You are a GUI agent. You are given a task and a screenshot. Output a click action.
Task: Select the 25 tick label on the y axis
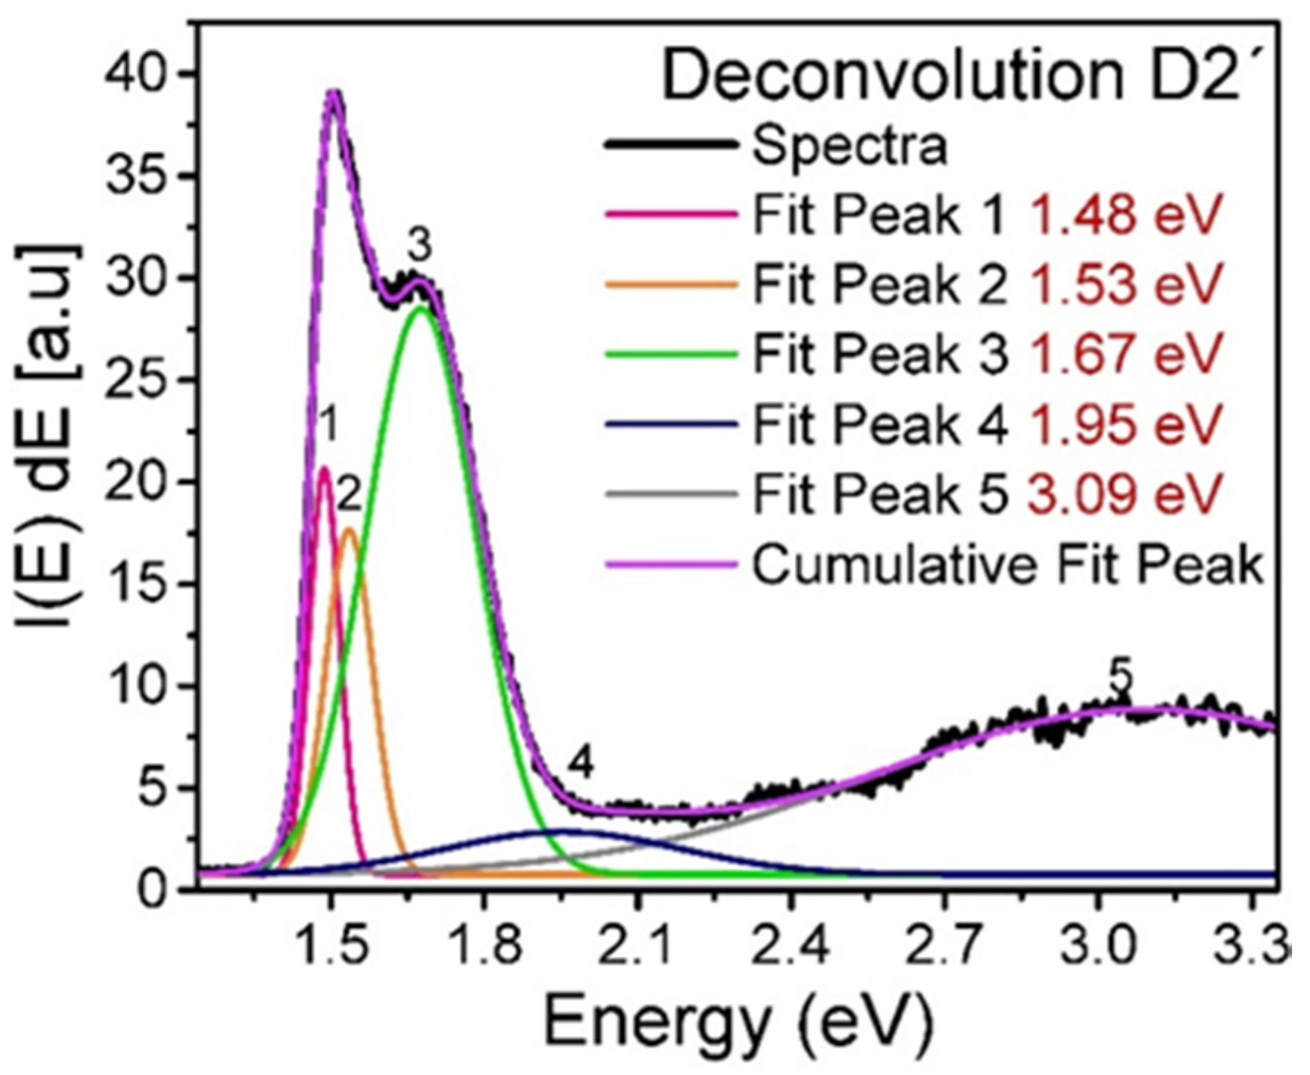(x=137, y=380)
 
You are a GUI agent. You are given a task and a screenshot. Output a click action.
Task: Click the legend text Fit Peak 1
(x=878, y=215)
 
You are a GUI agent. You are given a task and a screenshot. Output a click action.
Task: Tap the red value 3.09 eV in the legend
(x=1125, y=493)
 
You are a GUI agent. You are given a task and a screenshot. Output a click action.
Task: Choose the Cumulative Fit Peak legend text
(x=1007, y=565)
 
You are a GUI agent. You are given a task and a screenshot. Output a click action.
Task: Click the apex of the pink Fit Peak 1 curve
(x=324, y=468)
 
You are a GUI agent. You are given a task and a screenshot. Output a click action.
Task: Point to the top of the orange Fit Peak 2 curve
(x=350, y=529)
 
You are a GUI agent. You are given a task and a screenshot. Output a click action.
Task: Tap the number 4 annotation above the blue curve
(x=580, y=765)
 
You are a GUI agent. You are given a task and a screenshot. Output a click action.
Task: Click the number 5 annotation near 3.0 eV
(x=1120, y=678)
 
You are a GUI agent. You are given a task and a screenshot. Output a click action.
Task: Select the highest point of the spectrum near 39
(x=334, y=92)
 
